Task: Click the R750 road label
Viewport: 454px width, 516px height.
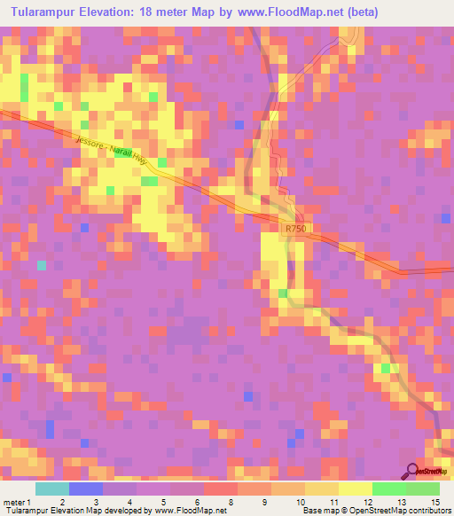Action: click(x=295, y=229)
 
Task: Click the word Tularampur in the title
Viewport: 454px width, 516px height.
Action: click(x=43, y=12)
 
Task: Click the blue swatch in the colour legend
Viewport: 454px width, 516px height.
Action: click(x=85, y=489)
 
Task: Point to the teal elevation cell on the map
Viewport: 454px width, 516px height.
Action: click(x=41, y=265)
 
